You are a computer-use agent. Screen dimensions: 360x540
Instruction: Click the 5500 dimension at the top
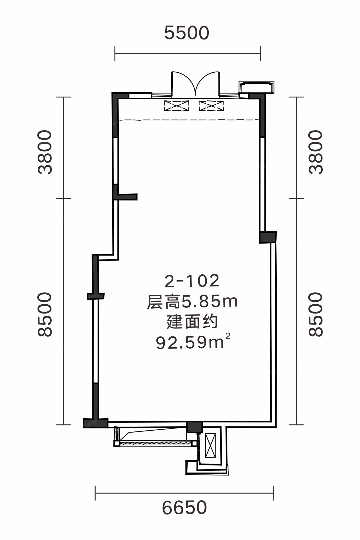coord(187,33)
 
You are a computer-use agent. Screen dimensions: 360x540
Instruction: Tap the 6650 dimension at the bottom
coord(184,507)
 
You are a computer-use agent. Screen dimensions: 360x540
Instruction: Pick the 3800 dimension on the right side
coord(316,152)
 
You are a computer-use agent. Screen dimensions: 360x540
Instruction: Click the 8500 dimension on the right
coord(316,314)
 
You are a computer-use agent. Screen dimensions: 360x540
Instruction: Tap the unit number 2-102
coord(192,281)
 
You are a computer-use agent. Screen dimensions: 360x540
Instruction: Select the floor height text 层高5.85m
coord(192,302)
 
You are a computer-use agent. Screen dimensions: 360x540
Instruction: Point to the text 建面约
coord(192,322)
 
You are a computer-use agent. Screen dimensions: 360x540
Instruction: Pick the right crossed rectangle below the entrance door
coord(211,106)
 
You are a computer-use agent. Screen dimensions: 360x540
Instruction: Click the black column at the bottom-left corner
coord(95,423)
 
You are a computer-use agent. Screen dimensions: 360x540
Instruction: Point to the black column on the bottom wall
coord(194,427)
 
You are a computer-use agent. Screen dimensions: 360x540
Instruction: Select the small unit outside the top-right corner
coord(257,87)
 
